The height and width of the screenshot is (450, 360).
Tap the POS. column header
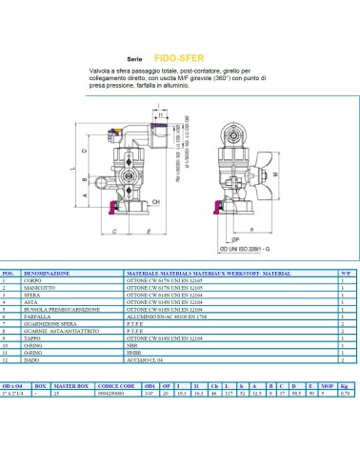point(10,272)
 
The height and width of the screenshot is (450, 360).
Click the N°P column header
point(345,272)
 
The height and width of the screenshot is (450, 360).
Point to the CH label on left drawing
point(156,202)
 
